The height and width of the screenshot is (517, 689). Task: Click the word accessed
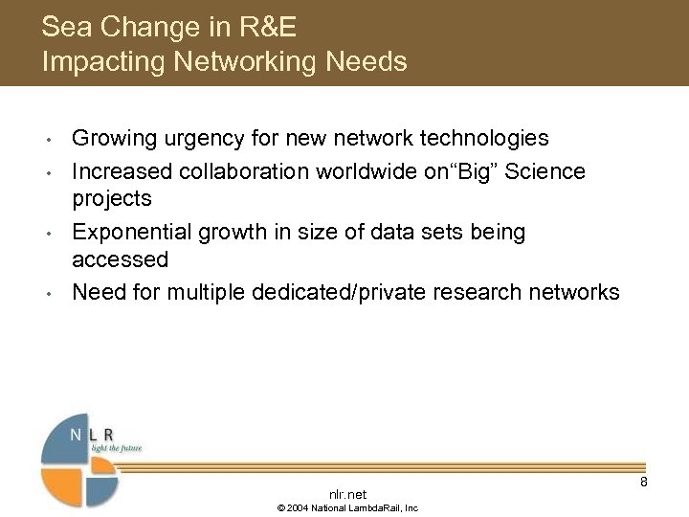121,260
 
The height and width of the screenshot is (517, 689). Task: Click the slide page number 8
644,482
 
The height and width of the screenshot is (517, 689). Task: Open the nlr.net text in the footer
347,494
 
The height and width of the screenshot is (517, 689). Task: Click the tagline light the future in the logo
116,447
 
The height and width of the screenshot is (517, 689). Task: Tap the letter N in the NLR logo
76,435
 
